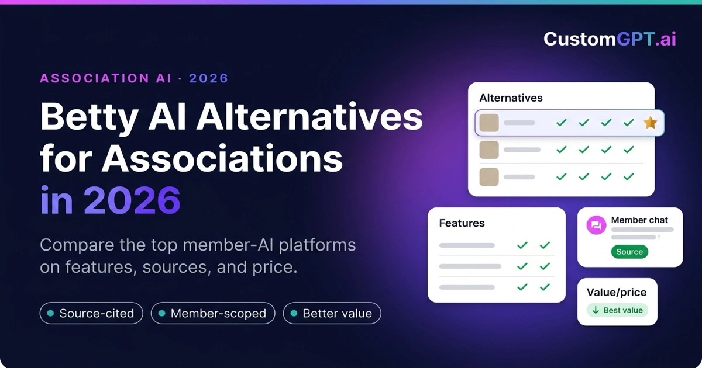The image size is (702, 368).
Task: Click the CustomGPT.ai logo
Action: point(610,39)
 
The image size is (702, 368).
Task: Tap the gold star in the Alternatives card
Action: point(651,123)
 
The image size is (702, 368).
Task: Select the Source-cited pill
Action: point(91,313)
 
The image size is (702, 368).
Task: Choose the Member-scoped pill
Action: point(213,313)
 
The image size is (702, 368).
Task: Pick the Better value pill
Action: point(332,313)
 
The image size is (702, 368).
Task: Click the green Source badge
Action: point(629,252)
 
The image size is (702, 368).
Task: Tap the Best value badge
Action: point(617,310)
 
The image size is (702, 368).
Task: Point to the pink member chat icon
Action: point(596,225)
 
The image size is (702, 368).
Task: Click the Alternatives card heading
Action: point(511,98)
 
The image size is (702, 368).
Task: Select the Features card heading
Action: point(462,223)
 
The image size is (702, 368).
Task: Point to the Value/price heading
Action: point(617,292)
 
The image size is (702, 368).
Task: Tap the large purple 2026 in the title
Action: point(132,200)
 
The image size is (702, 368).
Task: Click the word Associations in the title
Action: point(222,158)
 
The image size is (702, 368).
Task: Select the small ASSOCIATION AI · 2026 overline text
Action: point(134,78)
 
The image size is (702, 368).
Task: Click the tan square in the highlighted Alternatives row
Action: point(489,123)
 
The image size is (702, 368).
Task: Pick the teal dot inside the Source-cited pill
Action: point(50,313)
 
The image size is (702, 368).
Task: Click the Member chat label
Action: point(639,220)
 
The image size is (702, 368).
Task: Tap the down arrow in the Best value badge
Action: point(596,310)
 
